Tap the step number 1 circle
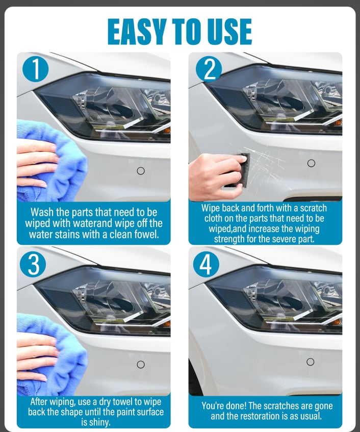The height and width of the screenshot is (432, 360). coord(35,69)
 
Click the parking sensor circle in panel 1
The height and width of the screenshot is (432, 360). coord(141,171)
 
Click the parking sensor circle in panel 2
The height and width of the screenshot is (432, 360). coord(311,163)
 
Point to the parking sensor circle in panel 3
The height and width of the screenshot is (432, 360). coord(141,364)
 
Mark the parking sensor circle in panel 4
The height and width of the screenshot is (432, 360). coord(311,362)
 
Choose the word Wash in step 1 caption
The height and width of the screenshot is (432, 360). coord(42,212)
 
